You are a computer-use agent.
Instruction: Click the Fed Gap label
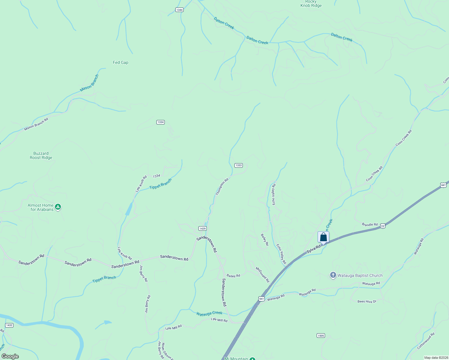coord(120,62)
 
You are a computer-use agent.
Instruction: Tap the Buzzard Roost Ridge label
coord(41,155)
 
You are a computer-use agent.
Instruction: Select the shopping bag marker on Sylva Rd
coord(323,237)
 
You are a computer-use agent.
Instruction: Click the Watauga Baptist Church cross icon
coord(333,275)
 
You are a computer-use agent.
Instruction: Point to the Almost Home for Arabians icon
coord(58,207)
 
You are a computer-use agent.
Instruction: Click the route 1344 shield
coord(179,10)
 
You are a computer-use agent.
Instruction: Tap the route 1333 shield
coord(238,165)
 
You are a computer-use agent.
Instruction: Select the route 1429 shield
coord(203,229)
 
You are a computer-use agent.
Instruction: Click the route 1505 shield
coord(321,335)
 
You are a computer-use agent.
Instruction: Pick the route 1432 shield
coord(9,325)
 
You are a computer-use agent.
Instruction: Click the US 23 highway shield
coord(382,226)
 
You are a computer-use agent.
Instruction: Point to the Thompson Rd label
coord(222,187)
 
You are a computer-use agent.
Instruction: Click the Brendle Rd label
coord(369,224)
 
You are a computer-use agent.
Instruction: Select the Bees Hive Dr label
coord(367,301)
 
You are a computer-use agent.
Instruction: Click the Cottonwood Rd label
coord(426,341)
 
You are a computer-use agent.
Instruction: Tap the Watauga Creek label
coord(209,313)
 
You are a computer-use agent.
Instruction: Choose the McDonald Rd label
coord(263,274)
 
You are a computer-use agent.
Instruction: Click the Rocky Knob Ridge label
coord(311,4)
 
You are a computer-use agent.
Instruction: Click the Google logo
coord(10,356)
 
